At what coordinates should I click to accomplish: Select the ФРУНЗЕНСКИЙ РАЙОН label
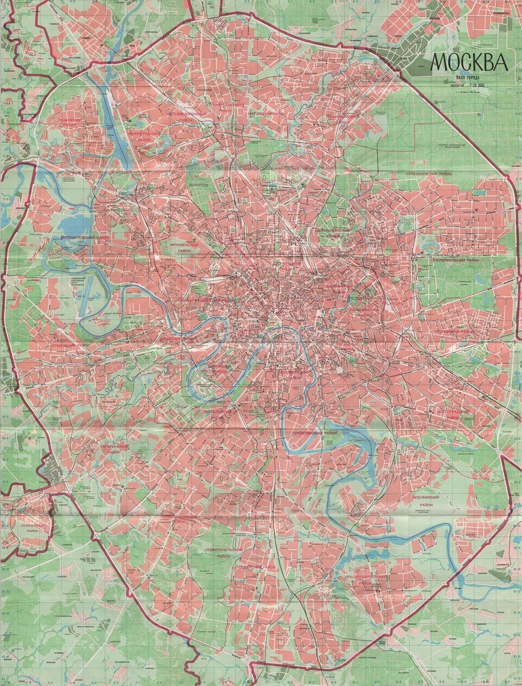[x=184, y=248]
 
